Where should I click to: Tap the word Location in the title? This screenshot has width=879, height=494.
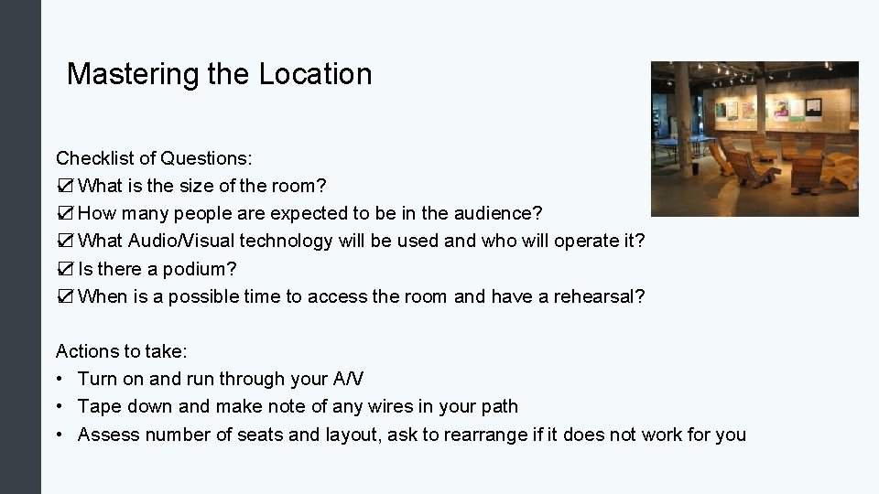pos(315,74)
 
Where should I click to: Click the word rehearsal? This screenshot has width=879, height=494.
pos(599,296)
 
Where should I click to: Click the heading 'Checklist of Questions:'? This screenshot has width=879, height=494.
pos(154,158)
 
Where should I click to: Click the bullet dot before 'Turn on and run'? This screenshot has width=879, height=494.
pos(60,380)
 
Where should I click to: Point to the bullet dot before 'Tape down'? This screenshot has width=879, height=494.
pos(60,407)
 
